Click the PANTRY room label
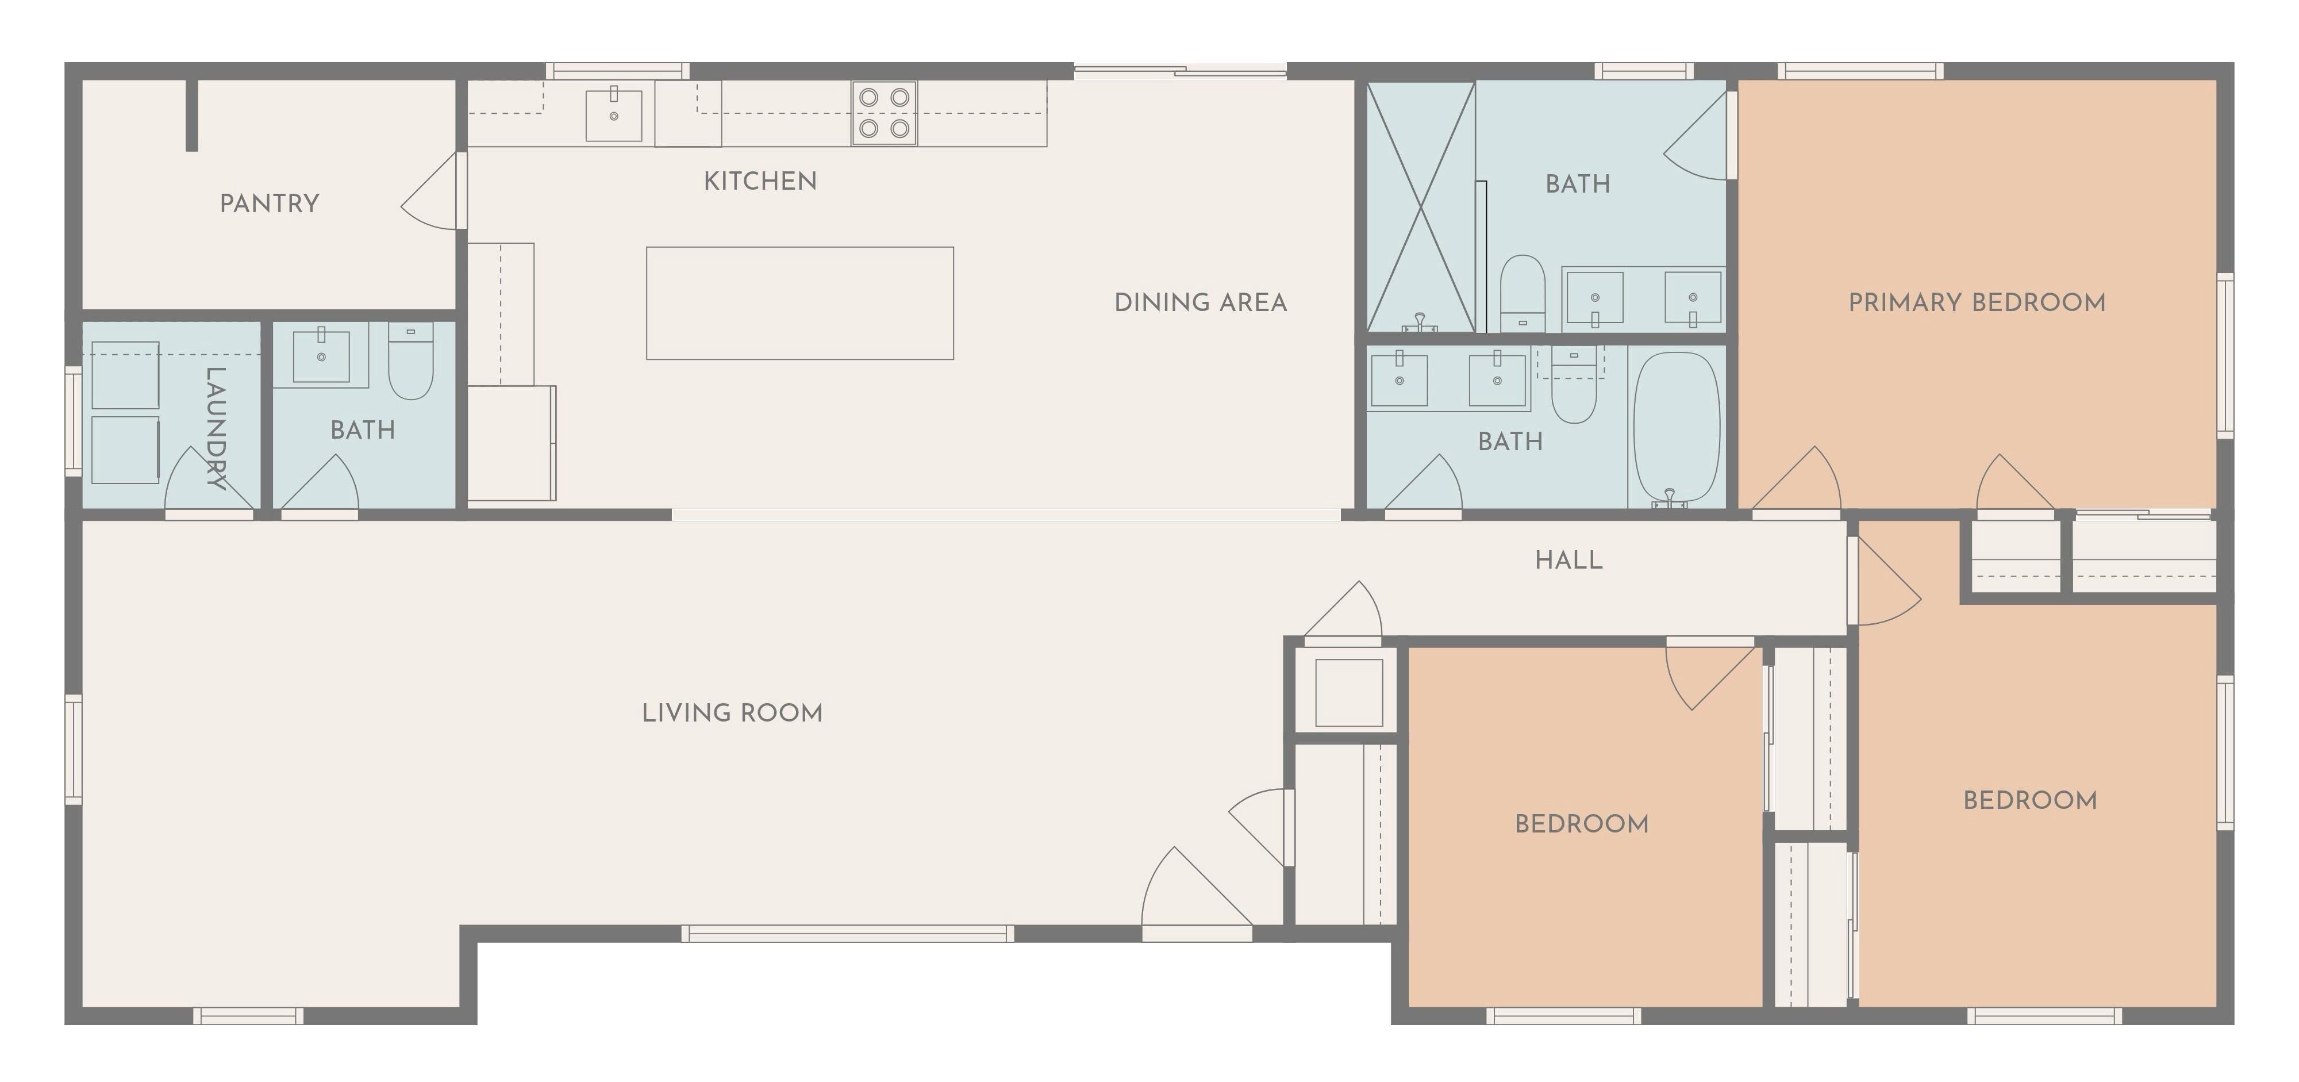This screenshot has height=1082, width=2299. (270, 204)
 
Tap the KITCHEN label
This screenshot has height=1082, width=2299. (760, 181)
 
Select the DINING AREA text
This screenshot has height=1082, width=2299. (1201, 302)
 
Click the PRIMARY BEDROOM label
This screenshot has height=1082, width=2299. (1977, 302)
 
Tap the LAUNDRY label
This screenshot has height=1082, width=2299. (215, 428)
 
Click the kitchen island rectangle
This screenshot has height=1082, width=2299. (799, 304)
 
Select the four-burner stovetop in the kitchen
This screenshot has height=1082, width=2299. (883, 113)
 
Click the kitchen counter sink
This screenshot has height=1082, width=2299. (613, 115)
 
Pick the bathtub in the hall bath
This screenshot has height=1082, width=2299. (1676, 428)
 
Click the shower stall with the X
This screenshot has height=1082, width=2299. (1421, 207)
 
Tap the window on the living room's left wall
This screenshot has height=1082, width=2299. (73, 750)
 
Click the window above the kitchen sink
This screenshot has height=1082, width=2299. (618, 71)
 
